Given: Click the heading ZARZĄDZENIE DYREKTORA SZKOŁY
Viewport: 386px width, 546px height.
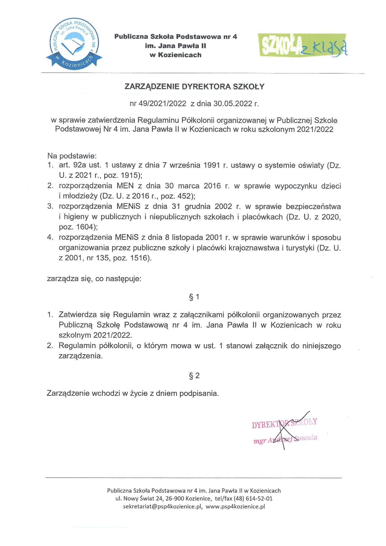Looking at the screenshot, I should tap(194, 87).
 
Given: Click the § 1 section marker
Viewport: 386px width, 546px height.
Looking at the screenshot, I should tap(194, 297).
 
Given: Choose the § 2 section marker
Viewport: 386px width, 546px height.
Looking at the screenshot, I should tap(194, 376).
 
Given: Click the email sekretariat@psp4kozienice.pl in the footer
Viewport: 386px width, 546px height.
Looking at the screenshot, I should tap(163, 506).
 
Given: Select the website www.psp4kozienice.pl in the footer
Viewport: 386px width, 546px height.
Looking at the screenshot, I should tap(235, 506).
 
